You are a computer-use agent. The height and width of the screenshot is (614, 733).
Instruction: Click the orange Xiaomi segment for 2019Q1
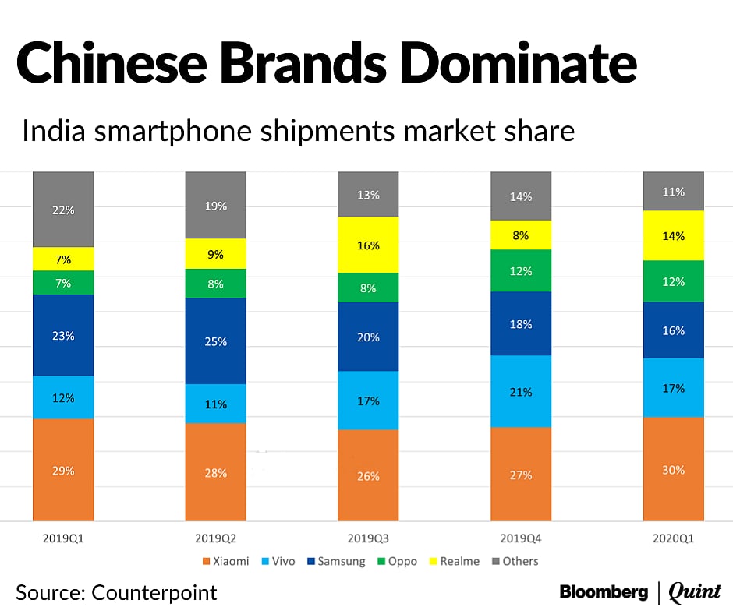(x=63, y=469)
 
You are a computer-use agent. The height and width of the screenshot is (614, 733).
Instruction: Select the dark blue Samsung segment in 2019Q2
(x=215, y=341)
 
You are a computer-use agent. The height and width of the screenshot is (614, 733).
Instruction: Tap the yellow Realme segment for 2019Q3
(x=368, y=245)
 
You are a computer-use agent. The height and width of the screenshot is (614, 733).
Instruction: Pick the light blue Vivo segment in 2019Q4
(x=521, y=391)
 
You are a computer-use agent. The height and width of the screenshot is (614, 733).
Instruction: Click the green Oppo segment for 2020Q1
(x=674, y=281)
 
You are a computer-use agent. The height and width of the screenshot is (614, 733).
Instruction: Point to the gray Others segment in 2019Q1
(x=63, y=209)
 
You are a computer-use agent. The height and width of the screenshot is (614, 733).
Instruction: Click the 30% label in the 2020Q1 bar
(x=674, y=470)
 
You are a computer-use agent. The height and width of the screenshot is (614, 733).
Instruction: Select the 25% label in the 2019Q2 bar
(x=216, y=341)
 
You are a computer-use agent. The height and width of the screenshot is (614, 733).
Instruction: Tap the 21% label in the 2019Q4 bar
(x=521, y=392)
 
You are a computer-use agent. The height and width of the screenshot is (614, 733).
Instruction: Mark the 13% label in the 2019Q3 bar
(x=368, y=195)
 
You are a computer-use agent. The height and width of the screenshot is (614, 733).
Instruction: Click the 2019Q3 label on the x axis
(x=368, y=537)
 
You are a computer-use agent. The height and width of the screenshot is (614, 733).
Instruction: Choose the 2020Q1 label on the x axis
(x=674, y=537)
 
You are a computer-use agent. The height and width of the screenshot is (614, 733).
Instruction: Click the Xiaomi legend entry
(x=227, y=561)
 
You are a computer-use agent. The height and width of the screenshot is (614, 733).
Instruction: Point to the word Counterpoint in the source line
(x=154, y=592)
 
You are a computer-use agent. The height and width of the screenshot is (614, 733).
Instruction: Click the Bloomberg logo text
(x=604, y=592)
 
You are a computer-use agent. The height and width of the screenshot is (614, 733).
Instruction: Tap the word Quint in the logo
(x=696, y=592)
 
